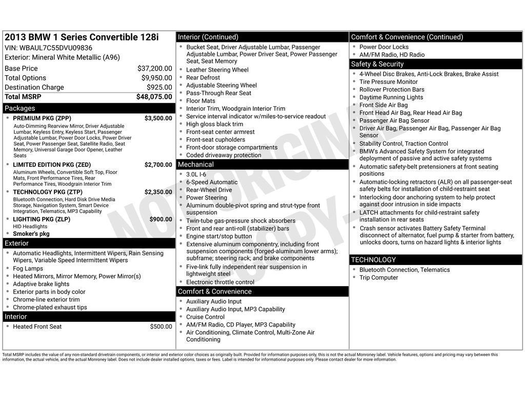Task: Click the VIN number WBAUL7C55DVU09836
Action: (x=56, y=48)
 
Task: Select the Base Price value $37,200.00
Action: (x=154, y=69)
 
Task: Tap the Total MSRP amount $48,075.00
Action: (x=154, y=97)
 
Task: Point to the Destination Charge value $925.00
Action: (x=159, y=88)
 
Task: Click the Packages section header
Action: (x=20, y=108)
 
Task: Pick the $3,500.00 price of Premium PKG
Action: (x=158, y=118)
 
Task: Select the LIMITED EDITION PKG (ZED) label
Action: (x=52, y=165)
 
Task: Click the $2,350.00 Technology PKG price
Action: (x=158, y=192)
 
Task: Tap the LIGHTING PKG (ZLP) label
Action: (x=42, y=219)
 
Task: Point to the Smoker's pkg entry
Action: (x=31, y=234)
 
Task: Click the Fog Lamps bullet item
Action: (x=28, y=269)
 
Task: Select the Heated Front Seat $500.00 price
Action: (x=161, y=326)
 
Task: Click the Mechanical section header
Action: (x=195, y=165)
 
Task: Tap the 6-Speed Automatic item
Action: (x=212, y=182)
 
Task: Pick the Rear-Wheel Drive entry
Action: (x=209, y=190)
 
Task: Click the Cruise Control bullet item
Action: (x=205, y=317)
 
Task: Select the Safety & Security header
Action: (x=377, y=64)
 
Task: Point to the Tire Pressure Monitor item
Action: (x=388, y=82)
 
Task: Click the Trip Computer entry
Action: (x=378, y=277)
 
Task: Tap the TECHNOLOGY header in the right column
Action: (x=373, y=260)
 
